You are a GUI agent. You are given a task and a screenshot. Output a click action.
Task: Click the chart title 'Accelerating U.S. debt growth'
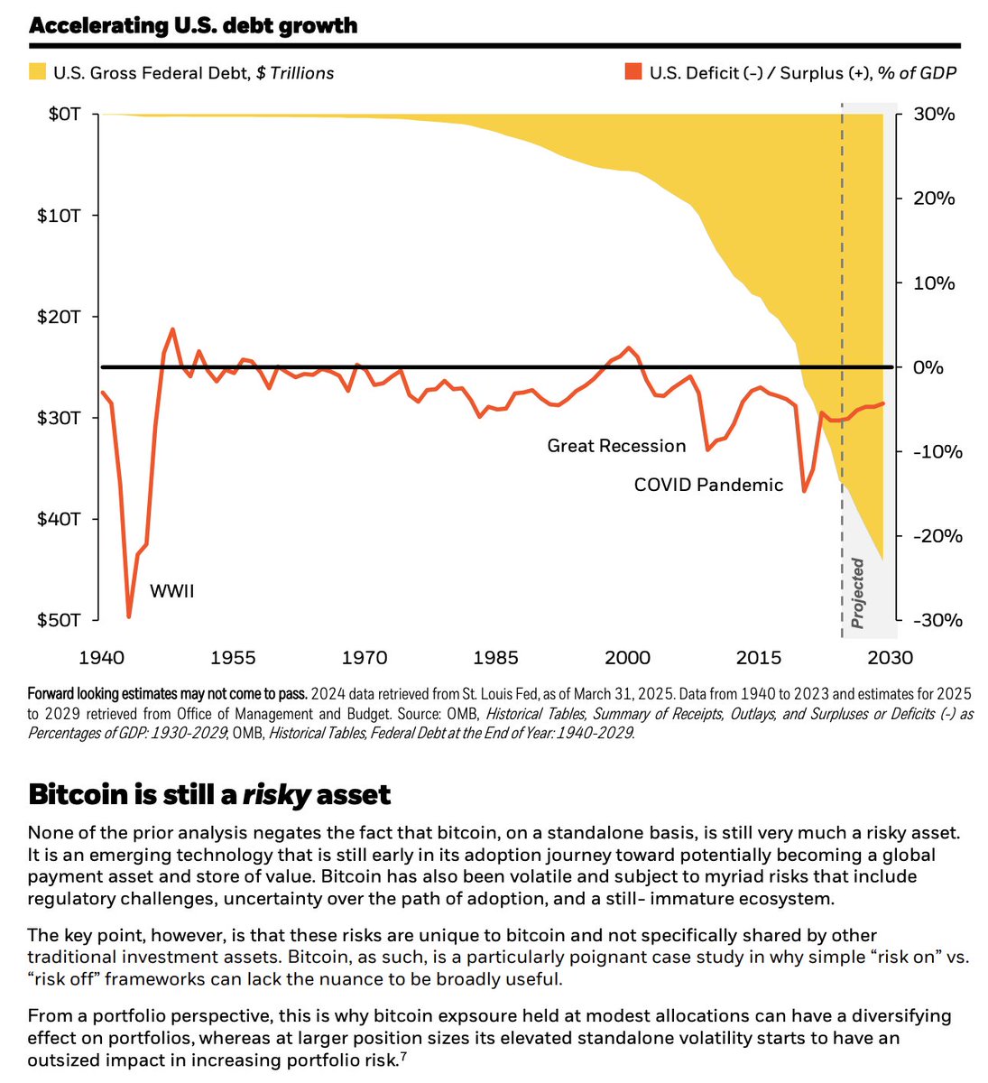[x=193, y=25]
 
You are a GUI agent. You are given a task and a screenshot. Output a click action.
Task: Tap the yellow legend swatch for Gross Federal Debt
[x=37, y=72]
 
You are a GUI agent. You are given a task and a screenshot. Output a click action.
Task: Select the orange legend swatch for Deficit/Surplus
[x=633, y=72]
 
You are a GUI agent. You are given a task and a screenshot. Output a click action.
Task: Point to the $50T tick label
[x=61, y=620]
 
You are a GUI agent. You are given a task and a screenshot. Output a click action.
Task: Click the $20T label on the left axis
[x=61, y=317]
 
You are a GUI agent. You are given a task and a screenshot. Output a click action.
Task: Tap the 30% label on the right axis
[x=935, y=115]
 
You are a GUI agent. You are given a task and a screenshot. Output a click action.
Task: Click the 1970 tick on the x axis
[x=365, y=657]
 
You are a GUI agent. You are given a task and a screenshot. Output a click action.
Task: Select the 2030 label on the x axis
[x=890, y=657]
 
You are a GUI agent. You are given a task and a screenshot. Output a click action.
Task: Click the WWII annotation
[x=171, y=592]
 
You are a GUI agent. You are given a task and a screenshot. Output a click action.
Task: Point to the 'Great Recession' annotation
[x=616, y=446]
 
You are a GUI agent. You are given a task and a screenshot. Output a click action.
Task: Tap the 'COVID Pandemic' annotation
[x=708, y=485]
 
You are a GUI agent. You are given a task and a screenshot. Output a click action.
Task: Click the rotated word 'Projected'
[x=858, y=593]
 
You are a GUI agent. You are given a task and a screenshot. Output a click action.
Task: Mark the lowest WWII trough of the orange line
[x=129, y=617]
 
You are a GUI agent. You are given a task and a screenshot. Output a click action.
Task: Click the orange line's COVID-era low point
[x=804, y=491]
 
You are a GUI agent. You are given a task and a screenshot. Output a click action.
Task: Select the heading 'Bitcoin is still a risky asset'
[x=209, y=794]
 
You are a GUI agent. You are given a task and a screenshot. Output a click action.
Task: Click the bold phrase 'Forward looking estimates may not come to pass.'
[x=168, y=694]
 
